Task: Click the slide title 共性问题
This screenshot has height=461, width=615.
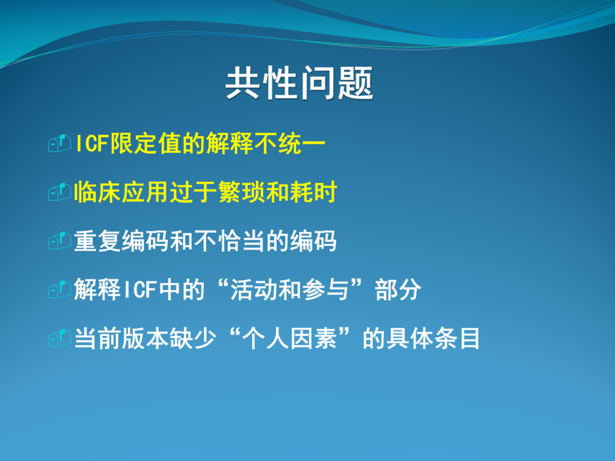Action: coord(299,83)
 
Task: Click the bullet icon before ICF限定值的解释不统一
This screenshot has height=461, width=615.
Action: coord(59,143)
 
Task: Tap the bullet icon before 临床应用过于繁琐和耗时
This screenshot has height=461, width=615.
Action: coord(59,192)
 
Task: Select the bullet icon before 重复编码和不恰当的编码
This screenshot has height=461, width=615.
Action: coord(59,241)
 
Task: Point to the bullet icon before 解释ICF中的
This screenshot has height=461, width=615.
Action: coord(59,289)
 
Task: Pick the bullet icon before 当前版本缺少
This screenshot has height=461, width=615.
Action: coord(59,338)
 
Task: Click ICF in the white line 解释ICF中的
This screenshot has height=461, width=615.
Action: coord(140,289)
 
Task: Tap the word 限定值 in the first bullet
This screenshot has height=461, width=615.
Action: coord(145,143)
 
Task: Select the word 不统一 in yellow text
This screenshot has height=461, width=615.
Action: coord(290,143)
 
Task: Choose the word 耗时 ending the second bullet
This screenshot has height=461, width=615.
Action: coord(313,192)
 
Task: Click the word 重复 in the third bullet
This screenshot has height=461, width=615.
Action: coord(98,241)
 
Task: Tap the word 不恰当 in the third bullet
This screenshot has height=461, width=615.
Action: coord(229,241)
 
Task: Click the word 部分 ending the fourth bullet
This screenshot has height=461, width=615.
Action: coord(398,289)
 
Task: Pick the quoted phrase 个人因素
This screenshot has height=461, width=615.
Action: coord(290,338)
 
